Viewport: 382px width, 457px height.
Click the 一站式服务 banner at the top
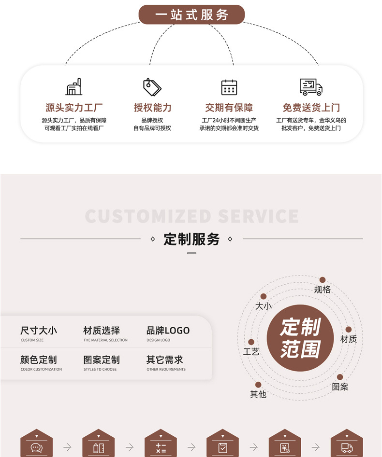click(x=191, y=15)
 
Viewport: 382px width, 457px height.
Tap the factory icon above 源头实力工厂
click(x=74, y=87)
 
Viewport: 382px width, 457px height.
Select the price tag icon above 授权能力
click(x=152, y=87)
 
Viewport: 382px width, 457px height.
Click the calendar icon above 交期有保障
click(x=229, y=87)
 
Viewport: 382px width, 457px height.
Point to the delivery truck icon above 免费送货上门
click(x=311, y=87)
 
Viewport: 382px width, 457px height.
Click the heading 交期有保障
click(x=229, y=108)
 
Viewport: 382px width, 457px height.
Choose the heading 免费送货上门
click(x=311, y=108)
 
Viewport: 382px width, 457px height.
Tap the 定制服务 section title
click(x=191, y=239)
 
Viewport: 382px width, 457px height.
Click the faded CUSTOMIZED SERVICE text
click(x=191, y=216)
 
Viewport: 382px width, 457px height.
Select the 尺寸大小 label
click(x=39, y=331)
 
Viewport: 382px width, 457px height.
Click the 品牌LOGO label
click(x=168, y=331)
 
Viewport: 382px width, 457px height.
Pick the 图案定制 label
click(x=102, y=360)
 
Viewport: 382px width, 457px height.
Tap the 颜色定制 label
click(x=39, y=360)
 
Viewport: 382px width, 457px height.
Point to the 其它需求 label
click(x=164, y=360)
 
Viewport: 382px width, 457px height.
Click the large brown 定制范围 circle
click(x=300, y=338)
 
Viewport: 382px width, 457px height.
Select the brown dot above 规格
click(x=323, y=280)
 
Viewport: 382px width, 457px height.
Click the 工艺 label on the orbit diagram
click(x=251, y=352)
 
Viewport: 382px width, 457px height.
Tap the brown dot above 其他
click(x=258, y=385)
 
